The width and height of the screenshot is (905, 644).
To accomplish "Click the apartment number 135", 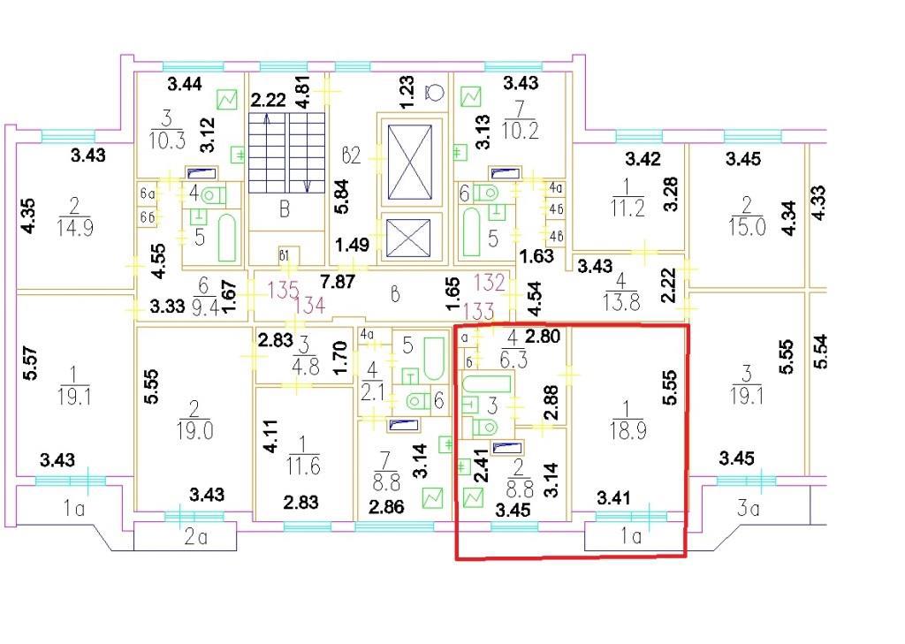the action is point(284,289).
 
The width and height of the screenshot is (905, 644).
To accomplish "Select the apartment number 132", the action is point(490,282).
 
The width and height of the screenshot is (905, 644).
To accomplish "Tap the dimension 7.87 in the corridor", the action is point(338,282).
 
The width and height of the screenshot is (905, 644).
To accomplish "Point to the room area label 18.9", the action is point(627,430).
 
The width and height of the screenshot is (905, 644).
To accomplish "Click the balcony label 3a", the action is point(748,508).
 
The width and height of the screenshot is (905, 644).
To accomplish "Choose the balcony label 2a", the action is point(195,537).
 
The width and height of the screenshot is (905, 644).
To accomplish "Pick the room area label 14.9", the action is point(75,227).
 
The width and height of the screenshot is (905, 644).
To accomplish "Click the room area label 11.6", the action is point(303,466).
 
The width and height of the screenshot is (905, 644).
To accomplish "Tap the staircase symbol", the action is point(287,152).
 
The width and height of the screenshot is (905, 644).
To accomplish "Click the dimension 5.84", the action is point(342,197).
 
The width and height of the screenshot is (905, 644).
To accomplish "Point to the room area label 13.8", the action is point(621,302).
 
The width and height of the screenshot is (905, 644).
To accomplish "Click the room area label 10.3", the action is point(167,140).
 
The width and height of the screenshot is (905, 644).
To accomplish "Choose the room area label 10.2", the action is point(521,131).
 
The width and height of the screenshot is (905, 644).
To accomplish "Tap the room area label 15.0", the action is point(747,227).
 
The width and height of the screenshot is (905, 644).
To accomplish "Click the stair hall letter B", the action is point(285,208).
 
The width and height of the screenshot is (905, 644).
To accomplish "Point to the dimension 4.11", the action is point(270,436).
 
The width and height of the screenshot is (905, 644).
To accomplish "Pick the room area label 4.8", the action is point(305,367).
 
